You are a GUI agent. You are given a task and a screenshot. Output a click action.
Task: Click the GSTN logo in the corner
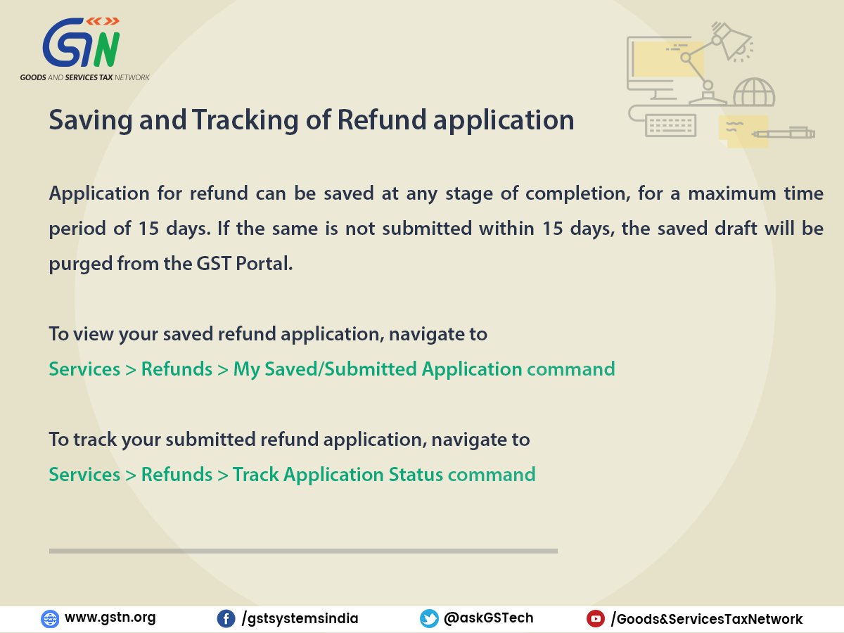(x=84, y=49)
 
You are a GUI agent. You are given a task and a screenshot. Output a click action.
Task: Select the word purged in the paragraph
(x=80, y=264)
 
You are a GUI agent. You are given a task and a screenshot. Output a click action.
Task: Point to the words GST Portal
(x=245, y=264)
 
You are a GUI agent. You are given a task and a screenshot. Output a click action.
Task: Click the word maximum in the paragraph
(x=731, y=193)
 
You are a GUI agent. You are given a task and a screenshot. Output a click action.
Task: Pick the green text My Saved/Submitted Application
(x=378, y=370)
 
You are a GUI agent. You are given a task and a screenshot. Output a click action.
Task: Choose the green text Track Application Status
(x=338, y=475)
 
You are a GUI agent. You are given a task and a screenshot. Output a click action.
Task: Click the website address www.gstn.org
(x=110, y=618)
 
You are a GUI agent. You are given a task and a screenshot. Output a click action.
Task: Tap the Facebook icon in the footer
(x=226, y=619)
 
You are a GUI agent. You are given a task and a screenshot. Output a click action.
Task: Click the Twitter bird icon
(x=429, y=619)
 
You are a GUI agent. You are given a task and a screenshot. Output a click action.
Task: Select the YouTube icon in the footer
(x=596, y=619)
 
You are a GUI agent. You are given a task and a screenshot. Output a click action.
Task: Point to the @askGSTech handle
(x=488, y=618)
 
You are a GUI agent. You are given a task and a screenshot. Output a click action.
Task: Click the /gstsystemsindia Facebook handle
(x=300, y=619)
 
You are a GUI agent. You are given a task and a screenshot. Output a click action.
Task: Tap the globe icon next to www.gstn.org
(x=50, y=619)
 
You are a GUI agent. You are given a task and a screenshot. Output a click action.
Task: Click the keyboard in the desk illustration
(x=670, y=125)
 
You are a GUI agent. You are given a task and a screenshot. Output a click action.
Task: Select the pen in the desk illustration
(x=784, y=133)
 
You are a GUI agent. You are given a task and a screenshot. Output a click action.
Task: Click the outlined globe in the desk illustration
(x=754, y=92)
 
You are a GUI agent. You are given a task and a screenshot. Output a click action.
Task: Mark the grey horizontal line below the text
(x=303, y=551)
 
